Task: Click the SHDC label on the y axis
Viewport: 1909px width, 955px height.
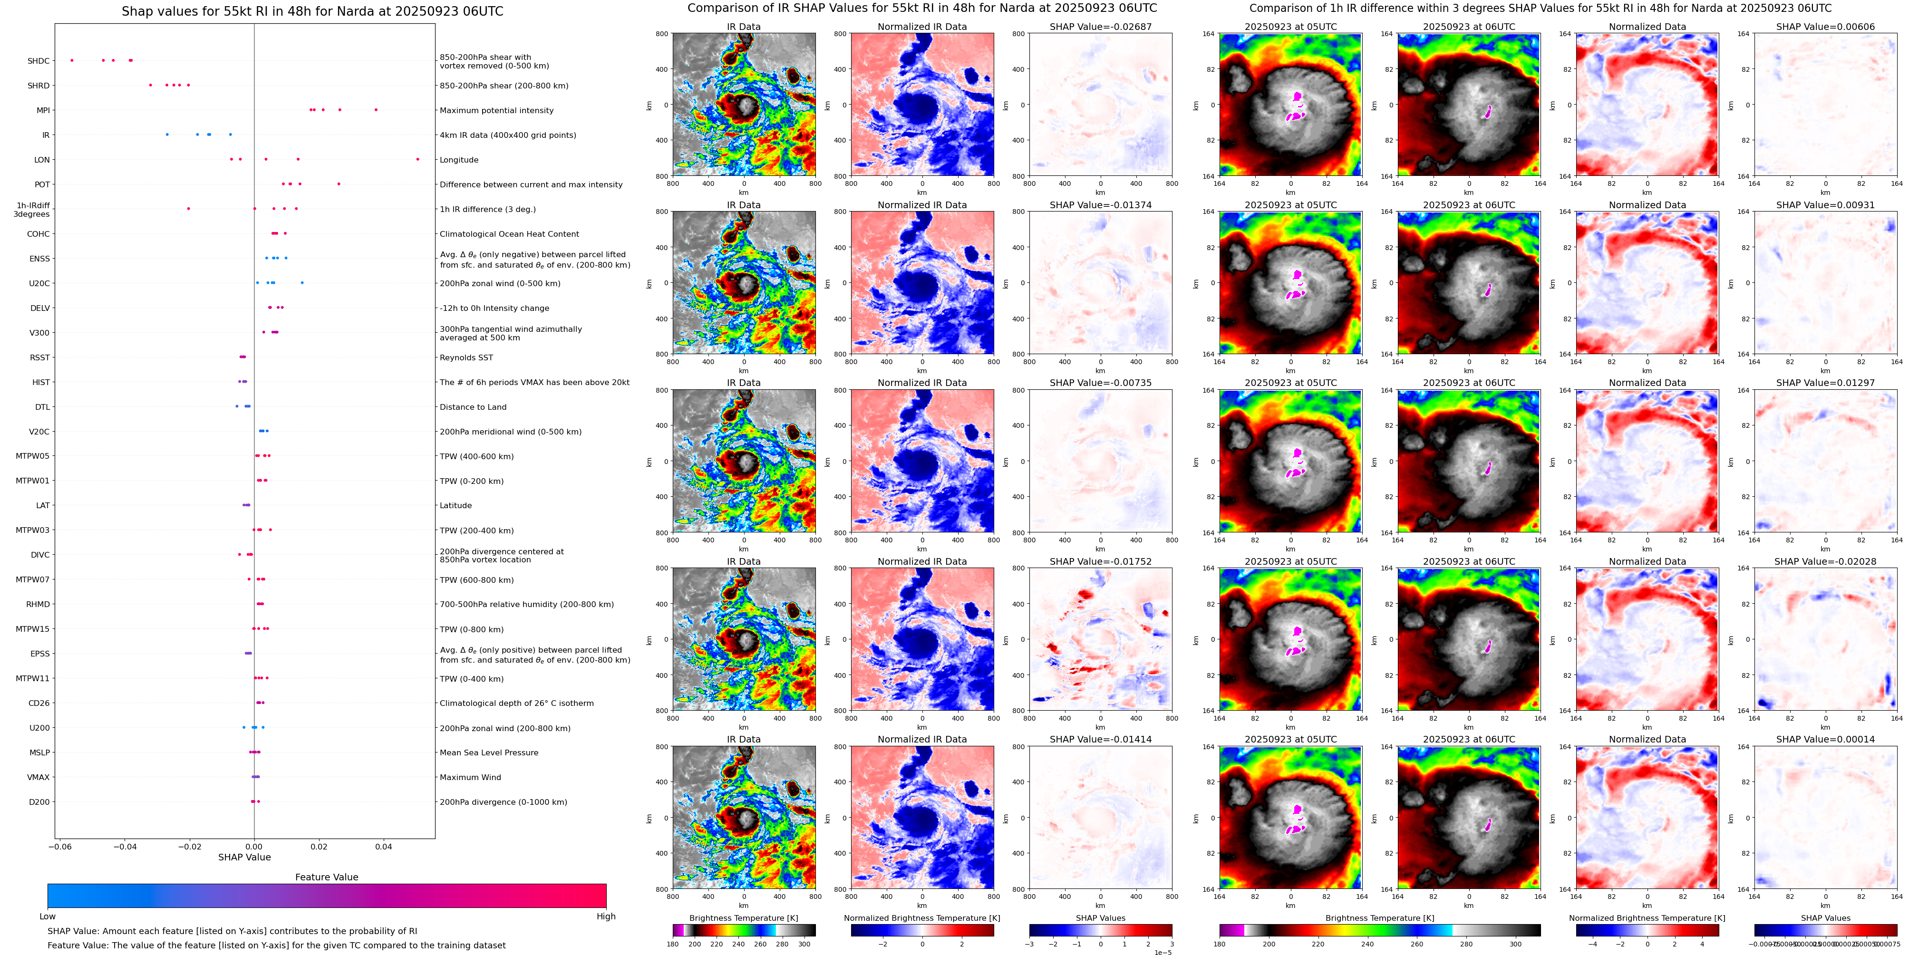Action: (39, 61)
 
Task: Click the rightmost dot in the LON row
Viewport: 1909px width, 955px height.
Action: (417, 159)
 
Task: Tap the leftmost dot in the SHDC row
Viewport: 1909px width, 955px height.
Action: (72, 60)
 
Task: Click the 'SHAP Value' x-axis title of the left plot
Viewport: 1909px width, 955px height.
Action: (244, 857)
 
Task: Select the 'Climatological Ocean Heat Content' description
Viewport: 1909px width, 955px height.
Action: (509, 234)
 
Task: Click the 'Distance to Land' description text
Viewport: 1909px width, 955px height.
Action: (473, 407)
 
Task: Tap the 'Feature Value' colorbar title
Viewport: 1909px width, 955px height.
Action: (326, 877)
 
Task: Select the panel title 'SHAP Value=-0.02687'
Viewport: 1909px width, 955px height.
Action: (1100, 27)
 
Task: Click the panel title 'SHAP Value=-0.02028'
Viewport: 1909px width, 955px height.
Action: (1824, 561)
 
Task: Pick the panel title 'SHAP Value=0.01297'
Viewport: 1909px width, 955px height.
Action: (1824, 383)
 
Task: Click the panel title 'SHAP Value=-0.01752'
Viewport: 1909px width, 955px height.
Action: (1100, 561)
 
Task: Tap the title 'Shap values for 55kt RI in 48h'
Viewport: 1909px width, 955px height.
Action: (312, 11)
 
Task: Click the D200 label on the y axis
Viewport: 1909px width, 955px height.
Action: (39, 801)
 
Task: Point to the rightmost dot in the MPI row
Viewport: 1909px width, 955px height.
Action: (376, 110)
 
